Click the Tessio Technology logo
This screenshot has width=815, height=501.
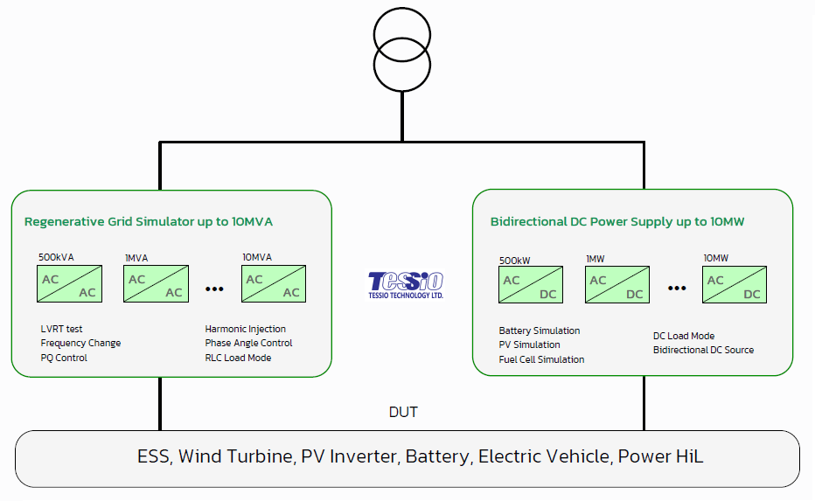(x=406, y=285)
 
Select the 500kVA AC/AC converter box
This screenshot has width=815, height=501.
(x=69, y=284)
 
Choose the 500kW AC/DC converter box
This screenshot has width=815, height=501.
(x=530, y=285)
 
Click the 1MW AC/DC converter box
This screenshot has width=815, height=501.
(x=616, y=285)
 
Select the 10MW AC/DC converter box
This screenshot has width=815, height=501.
(x=734, y=285)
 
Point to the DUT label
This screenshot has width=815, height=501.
(x=403, y=412)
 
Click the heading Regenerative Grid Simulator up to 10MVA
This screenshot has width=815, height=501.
(x=149, y=222)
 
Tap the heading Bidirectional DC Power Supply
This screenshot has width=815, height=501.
(x=617, y=222)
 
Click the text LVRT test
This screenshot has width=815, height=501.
(x=61, y=329)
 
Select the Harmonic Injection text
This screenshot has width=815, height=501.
(x=246, y=329)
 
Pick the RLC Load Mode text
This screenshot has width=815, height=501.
(x=238, y=358)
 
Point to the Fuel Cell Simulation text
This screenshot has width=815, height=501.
(x=541, y=359)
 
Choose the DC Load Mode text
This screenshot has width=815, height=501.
(x=684, y=336)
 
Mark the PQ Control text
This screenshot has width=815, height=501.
(x=64, y=358)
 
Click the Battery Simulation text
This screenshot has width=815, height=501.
(x=540, y=331)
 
